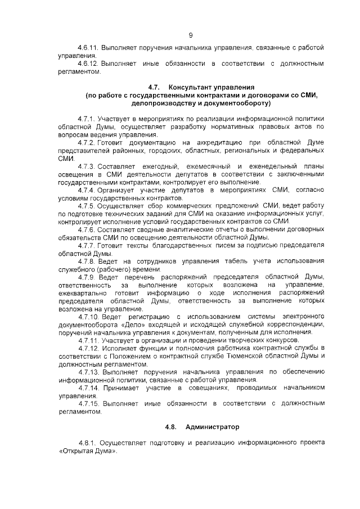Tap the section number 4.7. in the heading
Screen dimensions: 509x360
pyautogui.click(x=155, y=88)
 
